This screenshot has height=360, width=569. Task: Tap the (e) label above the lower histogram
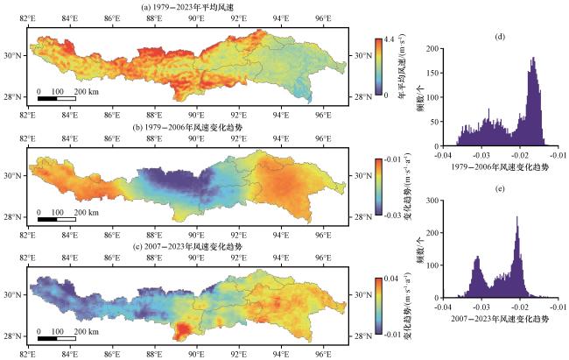tap(498, 187)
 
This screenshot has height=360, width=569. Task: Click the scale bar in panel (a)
tap(57, 98)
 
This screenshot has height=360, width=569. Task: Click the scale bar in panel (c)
tap(57, 338)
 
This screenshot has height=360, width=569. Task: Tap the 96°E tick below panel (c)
tap(323, 354)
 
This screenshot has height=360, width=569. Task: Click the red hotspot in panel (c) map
tap(183, 330)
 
